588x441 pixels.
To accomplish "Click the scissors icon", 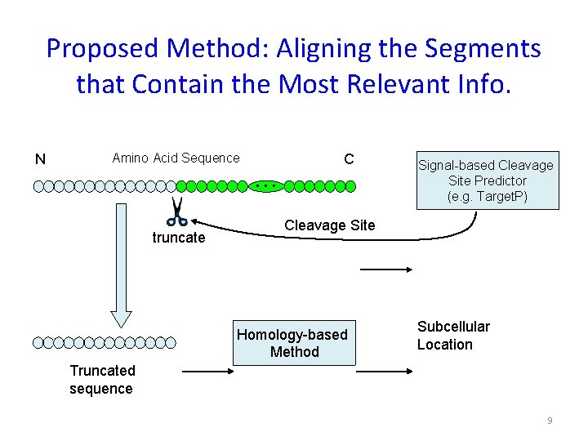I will click(x=176, y=212).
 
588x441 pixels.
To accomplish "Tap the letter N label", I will click(x=39, y=159).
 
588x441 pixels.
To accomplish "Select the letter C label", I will click(x=349, y=158).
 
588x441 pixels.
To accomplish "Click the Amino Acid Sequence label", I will click(x=176, y=158).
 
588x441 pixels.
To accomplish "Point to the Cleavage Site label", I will click(x=329, y=225).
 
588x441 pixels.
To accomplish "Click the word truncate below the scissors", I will click(x=179, y=238).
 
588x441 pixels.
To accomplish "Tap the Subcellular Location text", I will click(x=453, y=336).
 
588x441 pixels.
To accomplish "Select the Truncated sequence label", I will click(x=101, y=380).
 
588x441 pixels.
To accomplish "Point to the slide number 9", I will click(x=550, y=421).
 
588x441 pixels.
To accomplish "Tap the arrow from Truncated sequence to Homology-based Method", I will click(x=206, y=372).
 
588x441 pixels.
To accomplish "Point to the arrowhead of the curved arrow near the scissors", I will click(x=197, y=220).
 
